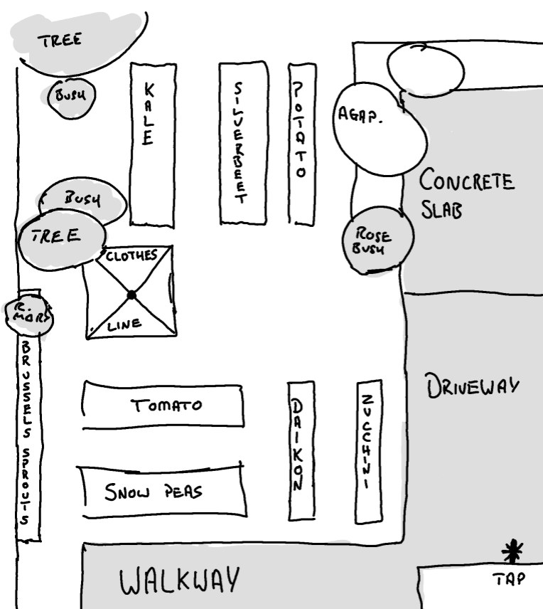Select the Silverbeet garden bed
(x=242, y=142)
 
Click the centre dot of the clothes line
(x=131, y=295)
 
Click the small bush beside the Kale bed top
(x=70, y=97)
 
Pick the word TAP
(x=510, y=580)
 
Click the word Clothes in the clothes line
(x=131, y=257)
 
